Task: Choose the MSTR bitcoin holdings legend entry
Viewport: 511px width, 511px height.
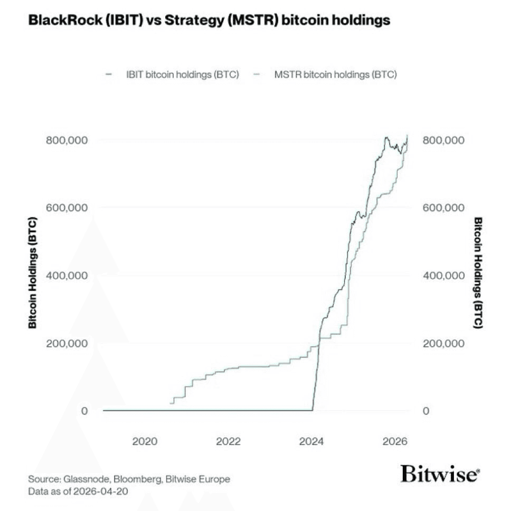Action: pyautogui.click(x=335, y=74)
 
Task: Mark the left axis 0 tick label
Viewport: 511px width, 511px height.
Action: pyautogui.click(x=83, y=411)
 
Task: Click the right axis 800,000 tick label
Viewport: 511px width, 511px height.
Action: pyautogui.click(x=444, y=140)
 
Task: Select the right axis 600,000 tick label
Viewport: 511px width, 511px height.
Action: pyautogui.click(x=444, y=207)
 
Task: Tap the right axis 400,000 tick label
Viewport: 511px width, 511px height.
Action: pyautogui.click(x=444, y=275)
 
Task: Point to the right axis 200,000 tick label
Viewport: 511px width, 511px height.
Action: pyautogui.click(x=444, y=343)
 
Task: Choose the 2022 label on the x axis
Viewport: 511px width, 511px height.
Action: pyautogui.click(x=228, y=441)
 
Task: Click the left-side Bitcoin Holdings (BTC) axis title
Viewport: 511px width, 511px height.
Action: pyautogui.click(x=33, y=272)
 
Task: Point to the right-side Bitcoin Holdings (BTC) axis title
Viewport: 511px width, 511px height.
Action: pyautogui.click(x=478, y=272)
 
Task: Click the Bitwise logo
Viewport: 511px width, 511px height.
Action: pyautogui.click(x=440, y=474)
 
